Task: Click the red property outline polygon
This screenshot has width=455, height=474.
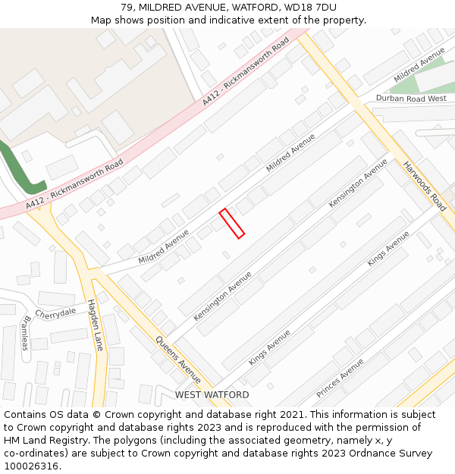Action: [232, 223]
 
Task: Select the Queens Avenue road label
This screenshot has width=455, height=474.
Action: [178, 358]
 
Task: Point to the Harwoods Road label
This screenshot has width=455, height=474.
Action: [425, 186]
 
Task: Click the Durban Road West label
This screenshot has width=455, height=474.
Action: [411, 99]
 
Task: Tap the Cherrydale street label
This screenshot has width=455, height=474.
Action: [55, 313]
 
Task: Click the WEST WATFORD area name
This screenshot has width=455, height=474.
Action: [212, 395]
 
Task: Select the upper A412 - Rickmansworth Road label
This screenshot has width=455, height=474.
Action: [246, 71]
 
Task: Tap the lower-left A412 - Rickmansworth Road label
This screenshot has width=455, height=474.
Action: [74, 184]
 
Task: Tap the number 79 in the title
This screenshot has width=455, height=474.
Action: [127, 7]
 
